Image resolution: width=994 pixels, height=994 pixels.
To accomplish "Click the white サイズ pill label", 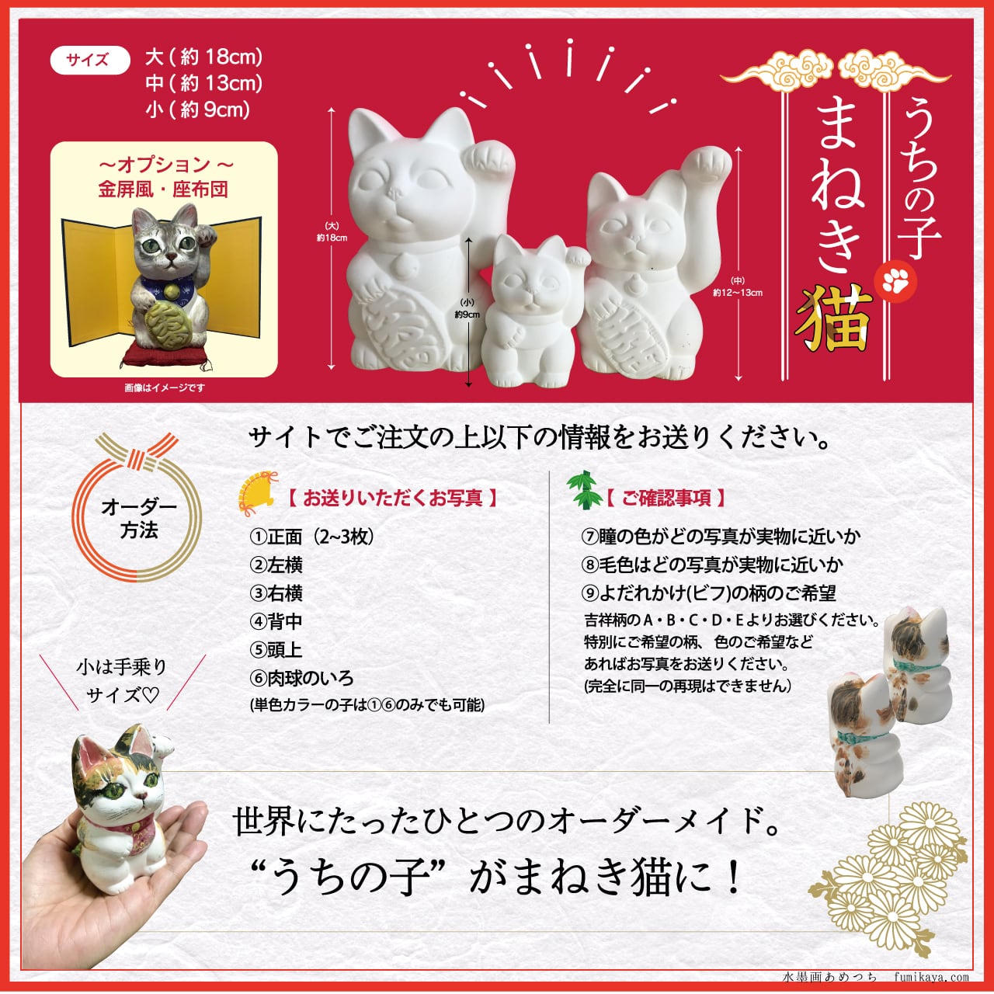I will (89, 61).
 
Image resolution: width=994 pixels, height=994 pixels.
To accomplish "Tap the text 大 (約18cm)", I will (203, 57).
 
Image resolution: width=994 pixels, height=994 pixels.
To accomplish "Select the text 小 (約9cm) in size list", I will (197, 109).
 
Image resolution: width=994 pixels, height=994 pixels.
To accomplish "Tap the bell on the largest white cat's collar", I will (403, 266).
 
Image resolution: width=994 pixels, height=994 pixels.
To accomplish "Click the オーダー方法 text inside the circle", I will (138, 519).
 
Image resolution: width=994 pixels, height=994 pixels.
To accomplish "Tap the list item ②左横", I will (276, 565).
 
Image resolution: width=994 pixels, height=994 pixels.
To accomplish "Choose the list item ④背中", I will (276, 621).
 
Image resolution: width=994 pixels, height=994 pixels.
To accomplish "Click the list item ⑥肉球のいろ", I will (302, 678).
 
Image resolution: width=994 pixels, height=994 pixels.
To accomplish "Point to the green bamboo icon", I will (584, 491).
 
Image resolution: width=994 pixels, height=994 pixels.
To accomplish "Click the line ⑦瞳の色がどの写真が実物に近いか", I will (721, 537).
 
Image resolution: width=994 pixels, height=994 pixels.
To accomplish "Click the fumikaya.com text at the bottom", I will (931, 977).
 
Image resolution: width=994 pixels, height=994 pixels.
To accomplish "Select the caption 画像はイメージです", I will (165, 388).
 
